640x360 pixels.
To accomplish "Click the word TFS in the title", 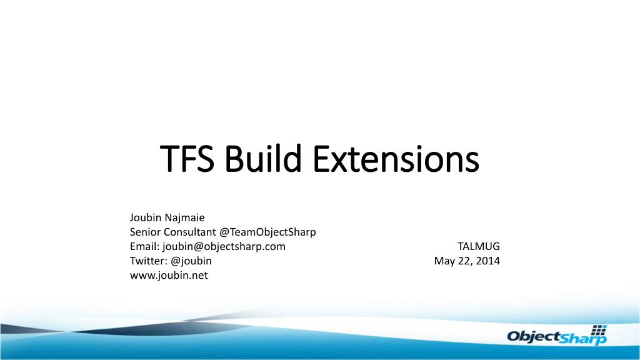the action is (187, 158).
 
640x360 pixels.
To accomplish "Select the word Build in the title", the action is (263, 158).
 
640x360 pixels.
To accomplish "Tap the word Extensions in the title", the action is (396, 158).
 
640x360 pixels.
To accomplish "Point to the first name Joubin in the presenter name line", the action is (146, 217).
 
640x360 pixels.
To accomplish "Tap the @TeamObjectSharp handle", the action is (267, 232).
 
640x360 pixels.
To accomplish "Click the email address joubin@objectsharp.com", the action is (224, 246).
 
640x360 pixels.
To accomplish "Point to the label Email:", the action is (144, 246).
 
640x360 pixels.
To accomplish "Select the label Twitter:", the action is (149, 261).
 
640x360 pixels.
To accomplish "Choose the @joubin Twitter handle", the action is (191, 261).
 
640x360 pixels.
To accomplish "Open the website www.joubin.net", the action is (169, 275).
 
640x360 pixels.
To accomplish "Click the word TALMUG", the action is (479, 246).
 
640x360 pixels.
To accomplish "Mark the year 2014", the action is (487, 261).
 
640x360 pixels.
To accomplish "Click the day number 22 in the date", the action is (466, 261).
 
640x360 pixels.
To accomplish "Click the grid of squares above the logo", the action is (599, 330).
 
